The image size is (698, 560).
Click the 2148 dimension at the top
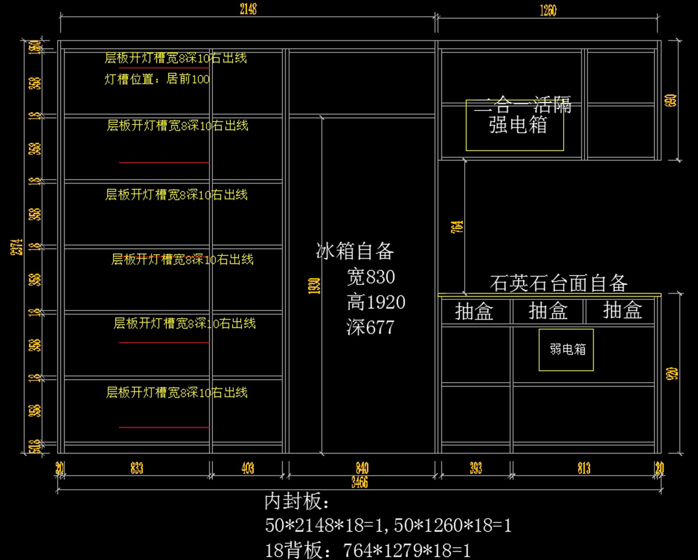pyautogui.click(x=247, y=9)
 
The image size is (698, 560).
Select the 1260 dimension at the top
pyautogui.click(x=548, y=9)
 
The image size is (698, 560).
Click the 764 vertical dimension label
pyautogui.click(x=457, y=226)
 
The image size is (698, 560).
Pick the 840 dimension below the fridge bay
pyautogui.click(x=362, y=469)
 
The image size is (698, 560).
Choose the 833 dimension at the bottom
pyautogui.click(x=137, y=469)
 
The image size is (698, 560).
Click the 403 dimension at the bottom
pyautogui.click(x=247, y=469)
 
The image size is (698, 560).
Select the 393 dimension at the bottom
pyautogui.click(x=475, y=469)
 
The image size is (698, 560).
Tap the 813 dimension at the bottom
pyautogui.click(x=584, y=469)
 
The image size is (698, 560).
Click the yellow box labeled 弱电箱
pyautogui.click(x=566, y=349)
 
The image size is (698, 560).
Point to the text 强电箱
pyautogui.click(x=518, y=125)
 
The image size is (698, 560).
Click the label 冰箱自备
pyautogui.click(x=355, y=251)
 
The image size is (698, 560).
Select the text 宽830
pyautogui.click(x=371, y=277)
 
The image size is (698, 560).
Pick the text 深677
pyautogui.click(x=370, y=327)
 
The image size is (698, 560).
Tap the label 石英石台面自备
pyautogui.click(x=558, y=284)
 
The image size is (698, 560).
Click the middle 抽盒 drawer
pyautogui.click(x=548, y=312)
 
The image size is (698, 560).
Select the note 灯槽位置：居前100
pyautogui.click(x=157, y=79)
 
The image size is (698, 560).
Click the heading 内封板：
pyautogui.click(x=297, y=501)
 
